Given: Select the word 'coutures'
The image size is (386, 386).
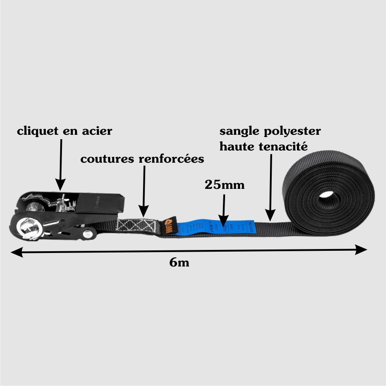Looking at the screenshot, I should (x=107, y=159).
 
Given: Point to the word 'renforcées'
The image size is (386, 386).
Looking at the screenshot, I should (x=171, y=159).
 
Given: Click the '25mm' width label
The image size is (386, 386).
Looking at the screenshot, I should (x=225, y=184).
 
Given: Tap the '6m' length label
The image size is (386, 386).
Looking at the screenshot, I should (x=179, y=263).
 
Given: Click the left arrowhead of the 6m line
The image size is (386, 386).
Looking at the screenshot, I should (x=15, y=252).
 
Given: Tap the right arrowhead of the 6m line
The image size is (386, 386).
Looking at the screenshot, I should (x=362, y=250).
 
